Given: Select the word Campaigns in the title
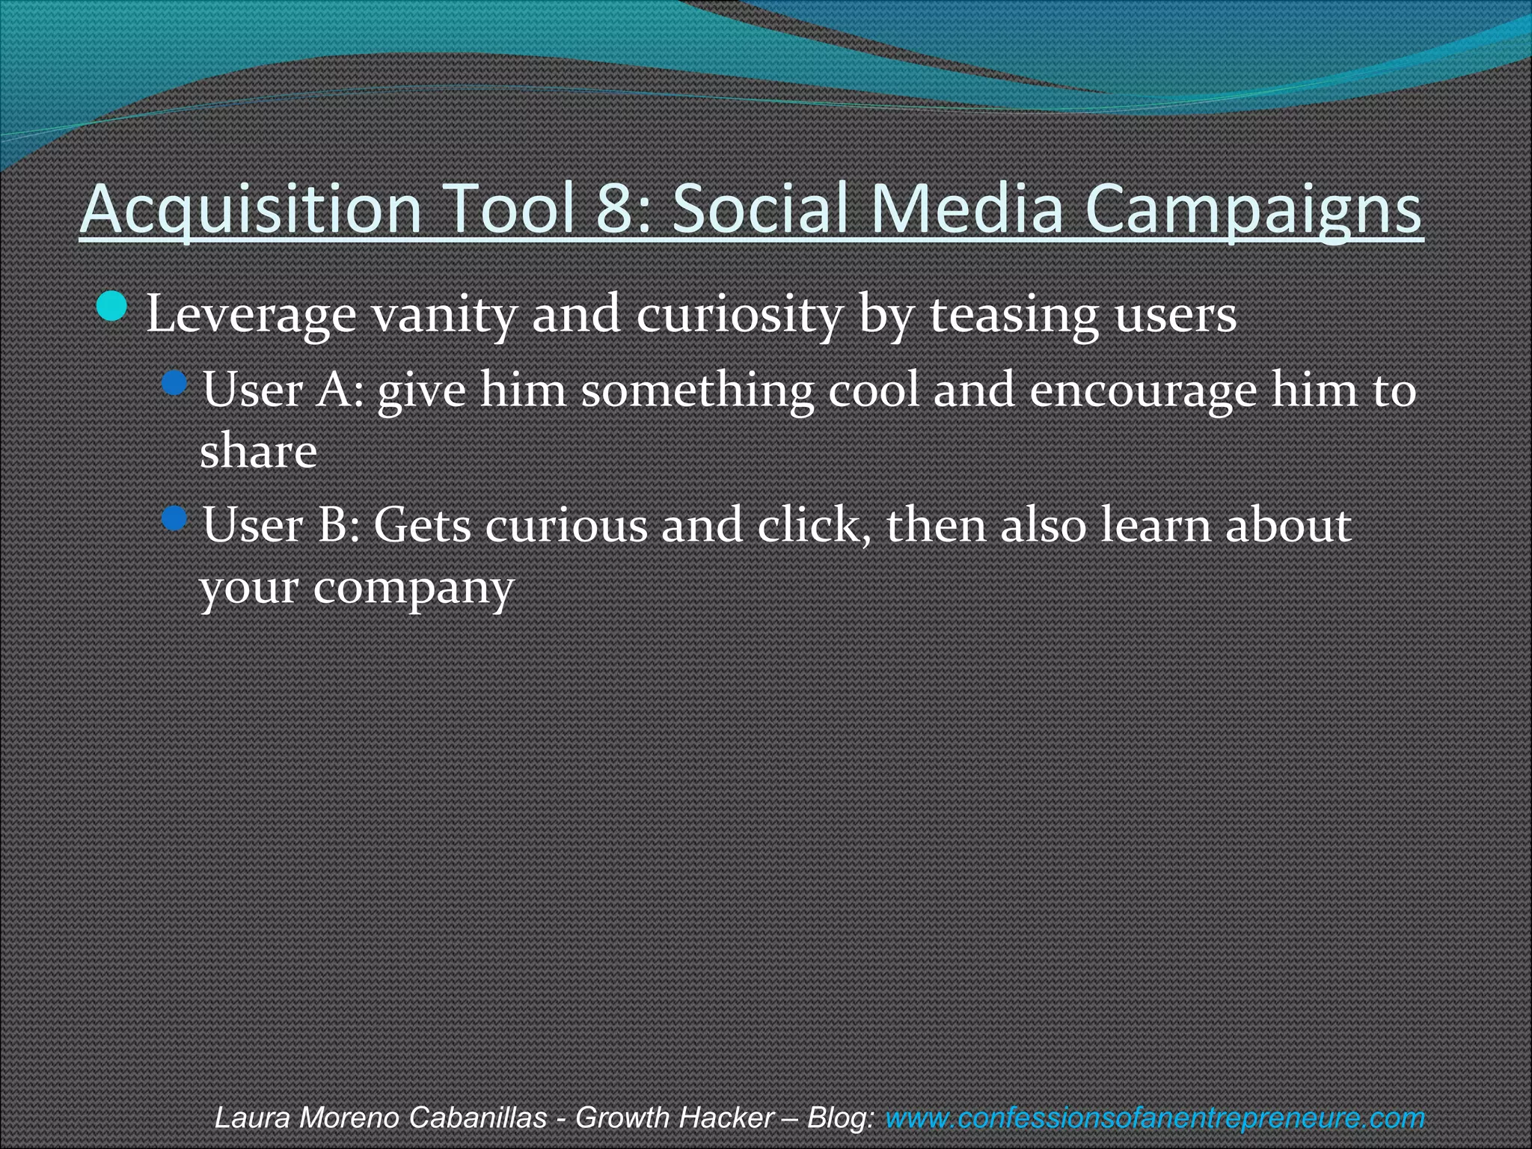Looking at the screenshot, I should point(1253,209).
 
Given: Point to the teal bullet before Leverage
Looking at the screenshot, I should point(113,307).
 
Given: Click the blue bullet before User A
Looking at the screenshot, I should point(175,385).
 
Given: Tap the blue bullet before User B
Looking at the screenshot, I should point(175,518).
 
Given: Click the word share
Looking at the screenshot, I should point(258,452).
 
